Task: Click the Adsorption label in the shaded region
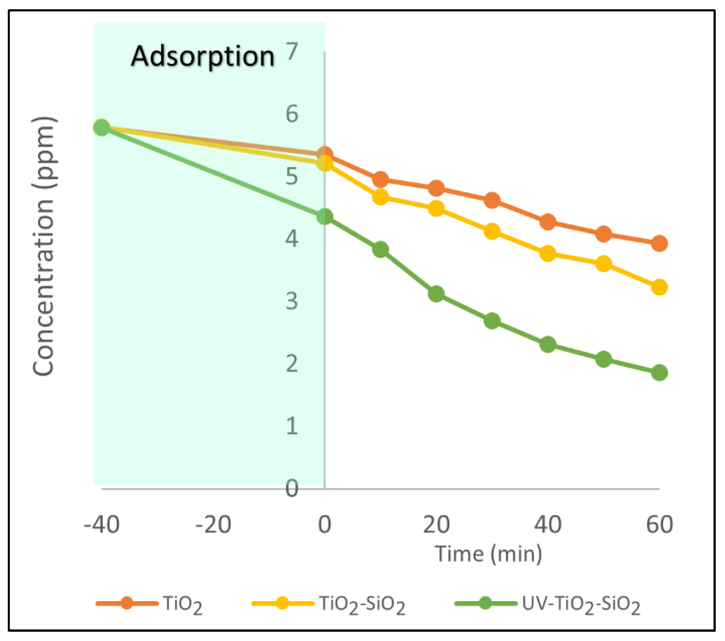click(203, 57)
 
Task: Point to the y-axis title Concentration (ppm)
click(44, 246)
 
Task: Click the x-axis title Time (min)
click(488, 554)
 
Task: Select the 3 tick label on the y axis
click(292, 301)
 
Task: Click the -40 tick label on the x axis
click(102, 524)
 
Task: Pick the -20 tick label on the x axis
click(213, 524)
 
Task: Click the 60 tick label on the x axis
click(659, 524)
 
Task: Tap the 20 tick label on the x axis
click(436, 524)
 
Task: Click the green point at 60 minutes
click(659, 372)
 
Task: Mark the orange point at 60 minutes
click(659, 243)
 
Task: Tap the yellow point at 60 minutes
click(659, 287)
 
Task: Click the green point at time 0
click(325, 216)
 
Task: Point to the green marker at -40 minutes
click(102, 128)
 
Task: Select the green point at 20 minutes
click(436, 294)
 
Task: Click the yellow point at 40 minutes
click(548, 254)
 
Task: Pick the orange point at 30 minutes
click(492, 200)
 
